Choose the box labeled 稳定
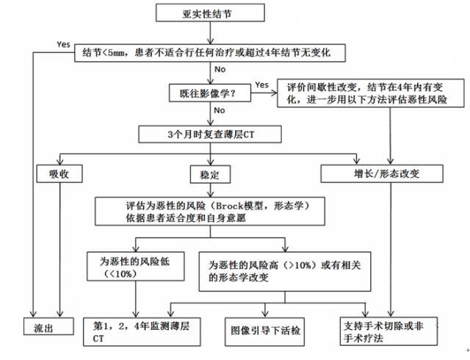[x=209, y=174]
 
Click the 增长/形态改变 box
[x=382, y=174]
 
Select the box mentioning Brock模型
[x=209, y=210]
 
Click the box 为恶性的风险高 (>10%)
[x=285, y=270]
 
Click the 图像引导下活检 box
[x=265, y=328]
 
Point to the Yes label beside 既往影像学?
[x=261, y=84]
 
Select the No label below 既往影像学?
[x=219, y=110]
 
